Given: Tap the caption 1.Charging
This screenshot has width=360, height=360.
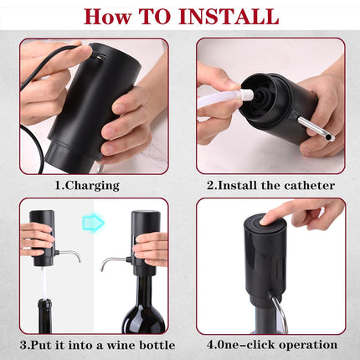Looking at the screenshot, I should pos(87,184).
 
